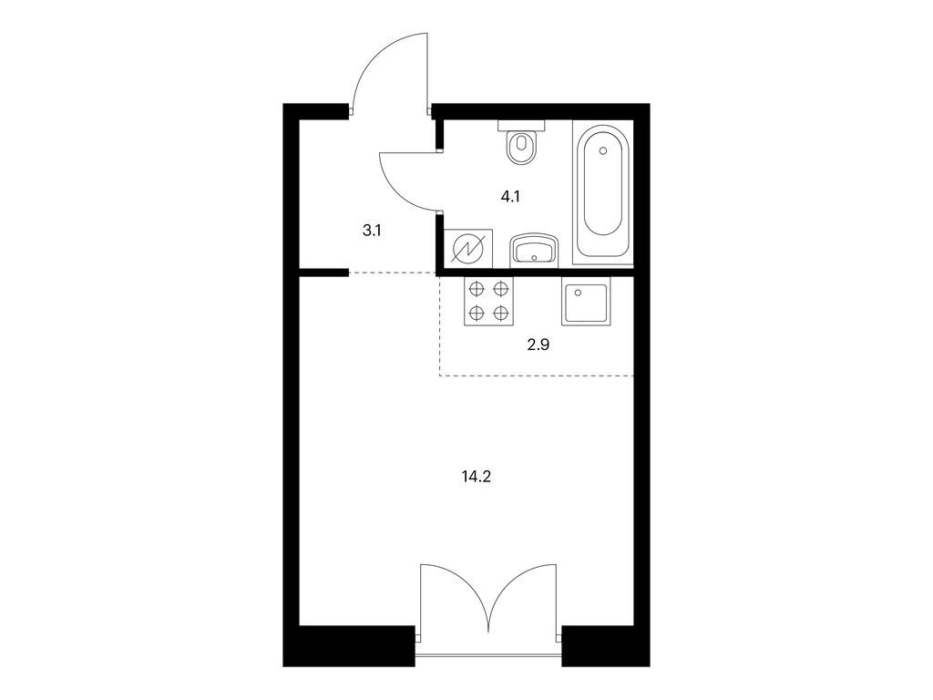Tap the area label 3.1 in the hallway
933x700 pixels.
(x=372, y=231)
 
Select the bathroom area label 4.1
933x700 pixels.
(x=510, y=196)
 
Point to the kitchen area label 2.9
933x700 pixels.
(x=538, y=345)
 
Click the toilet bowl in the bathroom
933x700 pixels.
(x=522, y=147)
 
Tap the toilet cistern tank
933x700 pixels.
(x=522, y=126)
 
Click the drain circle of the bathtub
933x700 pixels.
(x=603, y=151)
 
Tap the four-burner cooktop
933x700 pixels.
(x=488, y=301)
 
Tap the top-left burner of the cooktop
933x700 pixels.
(x=476, y=289)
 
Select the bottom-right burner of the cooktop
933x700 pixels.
(x=501, y=313)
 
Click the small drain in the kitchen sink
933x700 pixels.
(x=576, y=292)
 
